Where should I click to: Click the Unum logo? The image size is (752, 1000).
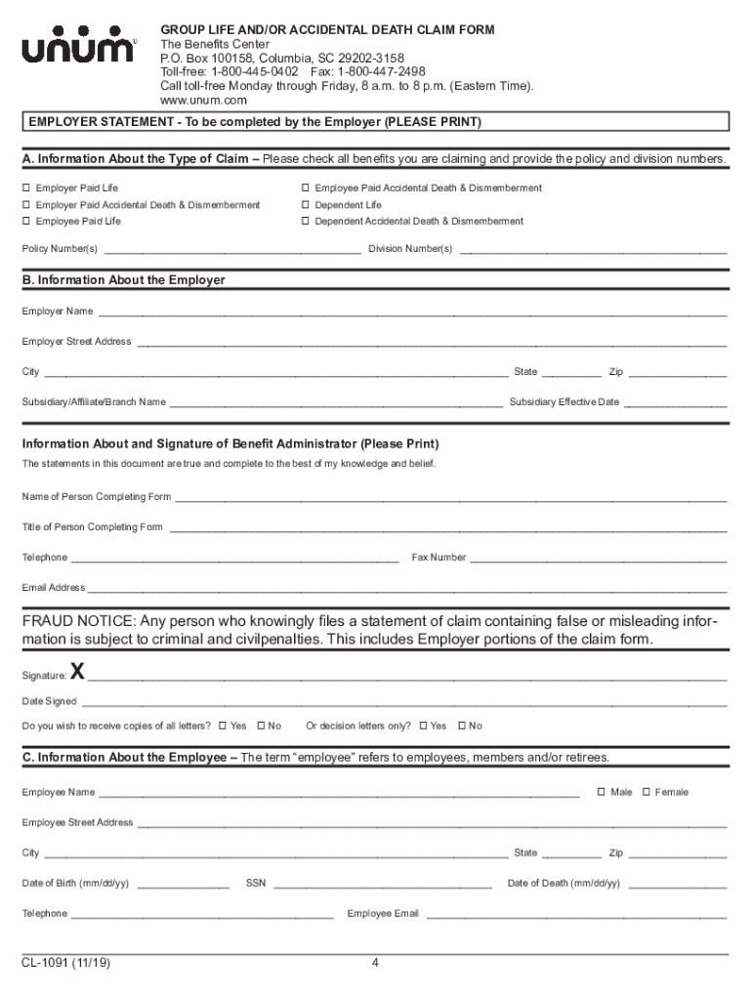click(x=79, y=49)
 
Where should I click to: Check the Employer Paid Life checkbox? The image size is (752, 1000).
click(x=26, y=187)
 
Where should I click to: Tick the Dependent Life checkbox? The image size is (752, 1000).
click(x=305, y=205)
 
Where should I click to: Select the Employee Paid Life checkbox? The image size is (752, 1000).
click(x=26, y=222)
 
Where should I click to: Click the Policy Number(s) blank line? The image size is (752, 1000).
click(x=231, y=251)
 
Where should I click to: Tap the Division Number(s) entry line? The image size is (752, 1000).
click(x=593, y=251)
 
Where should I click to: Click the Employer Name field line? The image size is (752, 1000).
click(x=411, y=314)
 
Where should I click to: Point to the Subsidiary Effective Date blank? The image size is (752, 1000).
click(x=676, y=404)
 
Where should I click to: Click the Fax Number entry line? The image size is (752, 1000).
click(x=599, y=561)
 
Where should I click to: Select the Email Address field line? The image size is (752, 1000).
click(x=407, y=591)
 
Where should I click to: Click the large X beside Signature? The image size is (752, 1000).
click(x=78, y=673)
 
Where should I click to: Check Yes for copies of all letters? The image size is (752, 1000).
click(x=223, y=726)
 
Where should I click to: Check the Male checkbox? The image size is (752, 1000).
click(x=602, y=792)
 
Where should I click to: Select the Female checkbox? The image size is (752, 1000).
click(x=647, y=792)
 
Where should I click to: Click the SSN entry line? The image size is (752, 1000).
click(x=382, y=887)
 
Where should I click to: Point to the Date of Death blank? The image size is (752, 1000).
click(x=678, y=887)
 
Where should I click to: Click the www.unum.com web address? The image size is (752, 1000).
click(x=203, y=101)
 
